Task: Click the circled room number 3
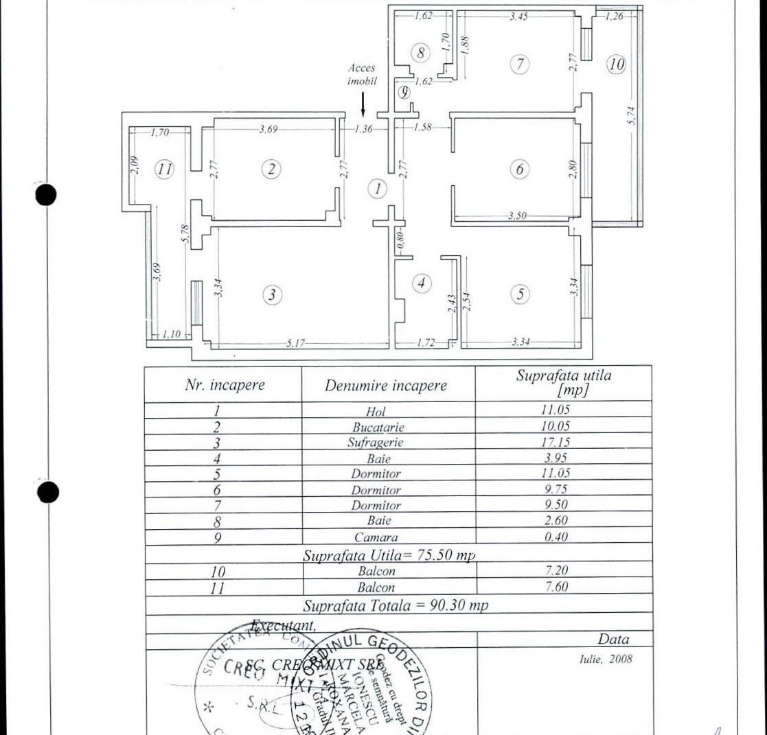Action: (x=273, y=294)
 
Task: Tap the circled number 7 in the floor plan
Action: (x=520, y=65)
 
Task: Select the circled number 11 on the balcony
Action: (x=163, y=169)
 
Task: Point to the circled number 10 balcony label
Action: (x=616, y=65)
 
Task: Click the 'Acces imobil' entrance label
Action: (x=362, y=74)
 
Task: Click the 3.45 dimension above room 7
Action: (x=518, y=16)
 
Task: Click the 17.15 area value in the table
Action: (x=556, y=443)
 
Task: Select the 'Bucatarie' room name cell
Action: (x=383, y=427)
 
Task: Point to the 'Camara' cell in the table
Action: (x=376, y=537)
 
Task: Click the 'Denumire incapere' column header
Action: (x=386, y=386)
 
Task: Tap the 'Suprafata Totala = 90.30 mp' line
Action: (x=396, y=606)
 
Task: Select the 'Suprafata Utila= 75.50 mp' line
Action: (x=389, y=555)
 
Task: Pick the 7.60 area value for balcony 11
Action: (x=556, y=587)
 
